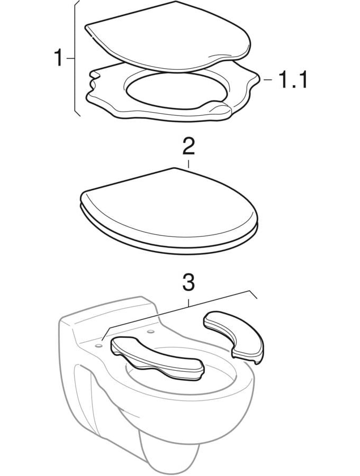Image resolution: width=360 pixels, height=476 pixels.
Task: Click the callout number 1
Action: [x=58, y=58]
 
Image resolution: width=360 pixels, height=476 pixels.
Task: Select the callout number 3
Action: [x=188, y=282]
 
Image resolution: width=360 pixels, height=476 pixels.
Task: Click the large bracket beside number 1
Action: [x=75, y=58]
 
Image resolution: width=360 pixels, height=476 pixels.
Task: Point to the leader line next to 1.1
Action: [x=268, y=79]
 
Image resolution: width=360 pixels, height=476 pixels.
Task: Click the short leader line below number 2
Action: [x=188, y=164]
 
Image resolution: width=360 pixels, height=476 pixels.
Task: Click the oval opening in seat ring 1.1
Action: [x=176, y=90]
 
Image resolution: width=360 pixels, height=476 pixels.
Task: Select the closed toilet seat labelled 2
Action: [x=169, y=210]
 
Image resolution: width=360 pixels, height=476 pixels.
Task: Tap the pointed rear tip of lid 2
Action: [x=174, y=168]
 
